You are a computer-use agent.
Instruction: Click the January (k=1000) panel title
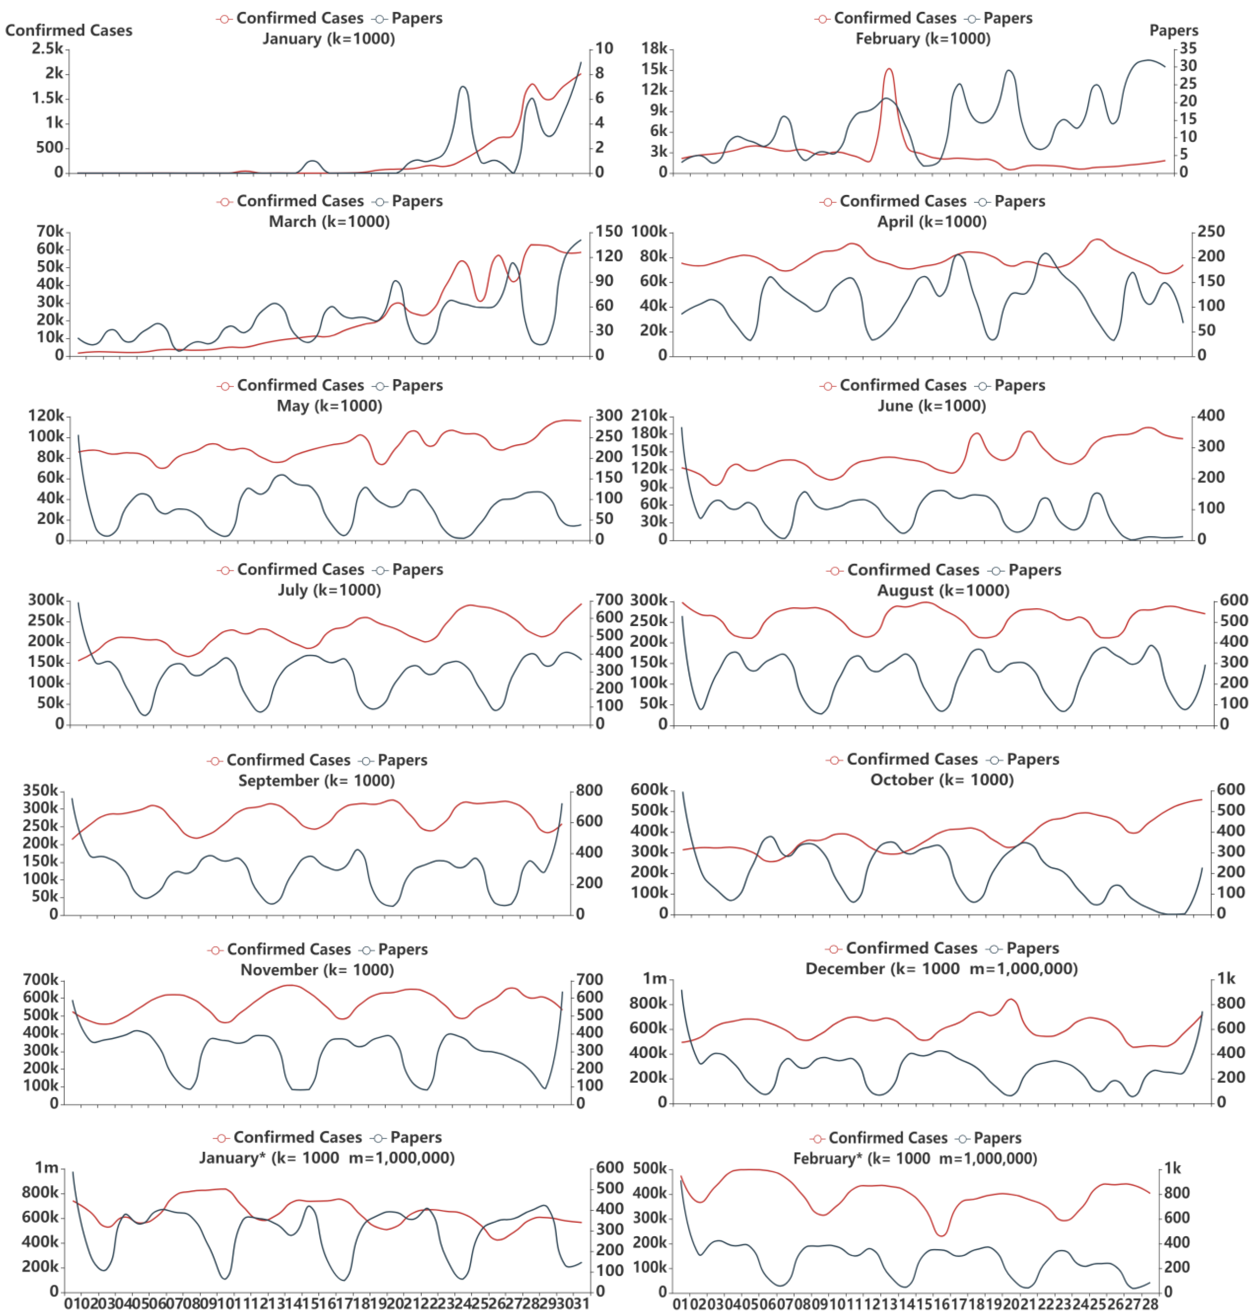[x=328, y=39]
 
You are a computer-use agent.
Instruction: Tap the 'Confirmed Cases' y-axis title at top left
[x=69, y=31]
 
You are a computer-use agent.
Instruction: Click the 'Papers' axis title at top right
[x=1173, y=31]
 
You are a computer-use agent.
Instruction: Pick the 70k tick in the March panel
[x=50, y=231]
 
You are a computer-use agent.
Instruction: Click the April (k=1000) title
[x=932, y=222]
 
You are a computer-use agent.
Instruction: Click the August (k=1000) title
[x=943, y=591]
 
